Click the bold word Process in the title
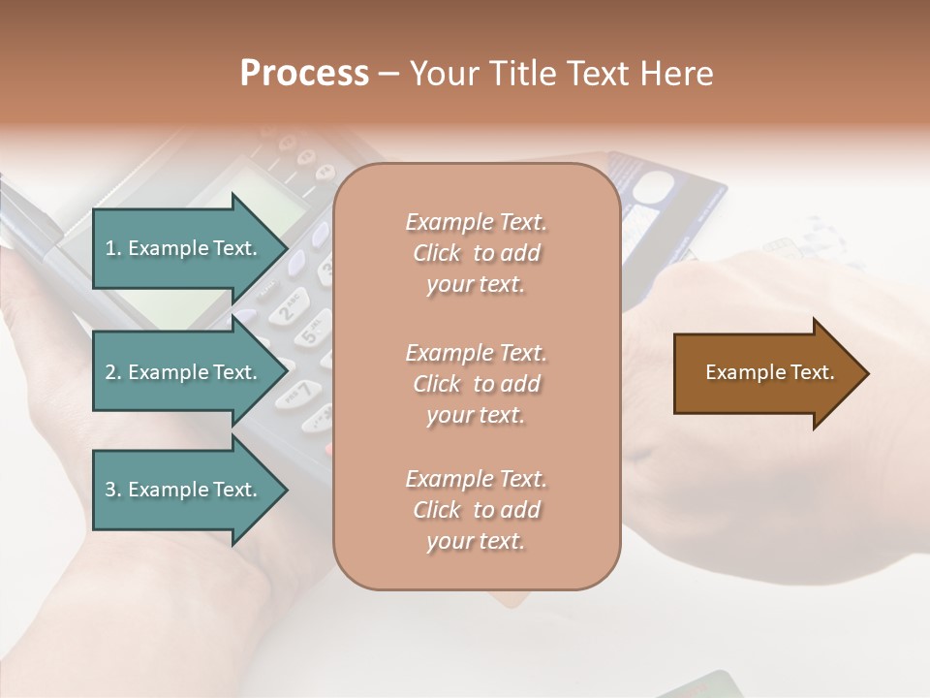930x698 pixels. click(304, 74)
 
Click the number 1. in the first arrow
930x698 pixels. click(113, 248)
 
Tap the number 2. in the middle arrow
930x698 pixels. click(113, 372)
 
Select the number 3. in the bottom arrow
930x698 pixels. click(113, 490)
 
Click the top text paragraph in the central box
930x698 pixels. click(476, 253)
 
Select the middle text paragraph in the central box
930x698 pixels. click(476, 384)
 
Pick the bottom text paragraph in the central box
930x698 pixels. click(476, 510)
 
